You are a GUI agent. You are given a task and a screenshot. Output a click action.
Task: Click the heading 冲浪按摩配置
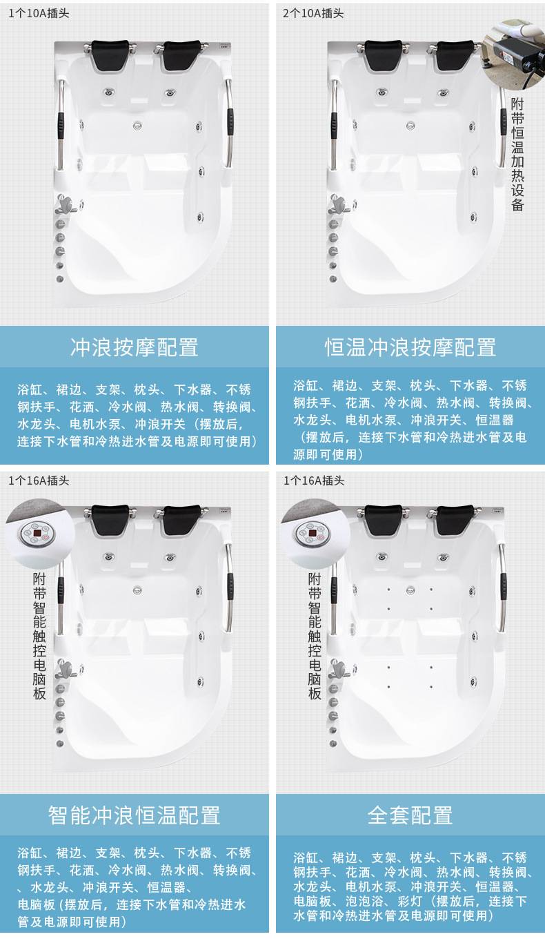134,347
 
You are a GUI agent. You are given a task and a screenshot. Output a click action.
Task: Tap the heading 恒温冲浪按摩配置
410,347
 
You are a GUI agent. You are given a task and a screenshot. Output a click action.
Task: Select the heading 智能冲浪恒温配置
134,815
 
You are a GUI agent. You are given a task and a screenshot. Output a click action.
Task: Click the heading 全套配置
410,815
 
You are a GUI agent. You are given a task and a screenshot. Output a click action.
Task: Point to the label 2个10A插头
313,13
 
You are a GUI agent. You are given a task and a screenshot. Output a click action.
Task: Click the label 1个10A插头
39,13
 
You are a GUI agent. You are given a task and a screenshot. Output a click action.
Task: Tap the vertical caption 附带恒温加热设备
517,154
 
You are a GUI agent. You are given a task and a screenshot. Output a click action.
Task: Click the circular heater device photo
513,55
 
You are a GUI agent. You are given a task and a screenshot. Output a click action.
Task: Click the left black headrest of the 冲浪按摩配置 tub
110,55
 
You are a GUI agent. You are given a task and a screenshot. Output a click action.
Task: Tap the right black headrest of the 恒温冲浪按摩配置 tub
455,55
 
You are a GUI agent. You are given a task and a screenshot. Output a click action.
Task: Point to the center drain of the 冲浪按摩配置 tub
137,126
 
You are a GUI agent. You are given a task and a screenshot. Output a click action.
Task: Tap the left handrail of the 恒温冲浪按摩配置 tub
334,125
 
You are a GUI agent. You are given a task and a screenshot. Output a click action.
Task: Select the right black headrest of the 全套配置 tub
455,520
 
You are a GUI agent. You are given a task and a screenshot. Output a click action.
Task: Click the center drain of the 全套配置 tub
410,591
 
